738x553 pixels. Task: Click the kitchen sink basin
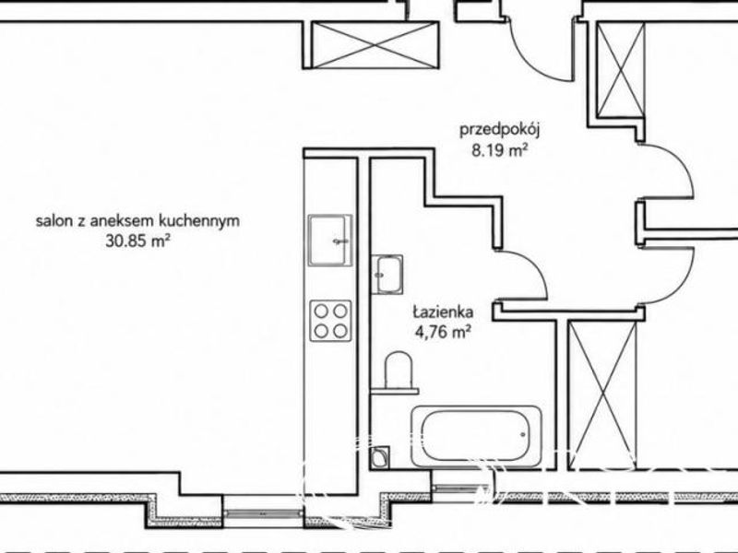click(x=330, y=241)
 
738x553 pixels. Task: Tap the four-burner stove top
click(x=330, y=321)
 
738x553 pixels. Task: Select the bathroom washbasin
click(x=387, y=274)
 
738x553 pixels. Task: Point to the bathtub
click(x=476, y=437)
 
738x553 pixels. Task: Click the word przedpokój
click(x=499, y=129)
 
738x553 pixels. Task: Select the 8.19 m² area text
click(x=499, y=151)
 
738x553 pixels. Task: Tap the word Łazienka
click(x=444, y=312)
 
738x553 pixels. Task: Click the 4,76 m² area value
click(x=443, y=333)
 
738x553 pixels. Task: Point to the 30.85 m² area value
click(x=137, y=241)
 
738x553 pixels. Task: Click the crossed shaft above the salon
click(x=375, y=44)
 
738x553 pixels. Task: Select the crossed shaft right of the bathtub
click(x=602, y=394)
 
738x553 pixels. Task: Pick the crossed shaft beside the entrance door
click(x=620, y=70)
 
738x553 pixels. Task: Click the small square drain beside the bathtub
click(x=380, y=457)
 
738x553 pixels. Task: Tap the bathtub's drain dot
click(x=523, y=434)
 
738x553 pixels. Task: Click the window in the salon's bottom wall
click(x=262, y=513)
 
